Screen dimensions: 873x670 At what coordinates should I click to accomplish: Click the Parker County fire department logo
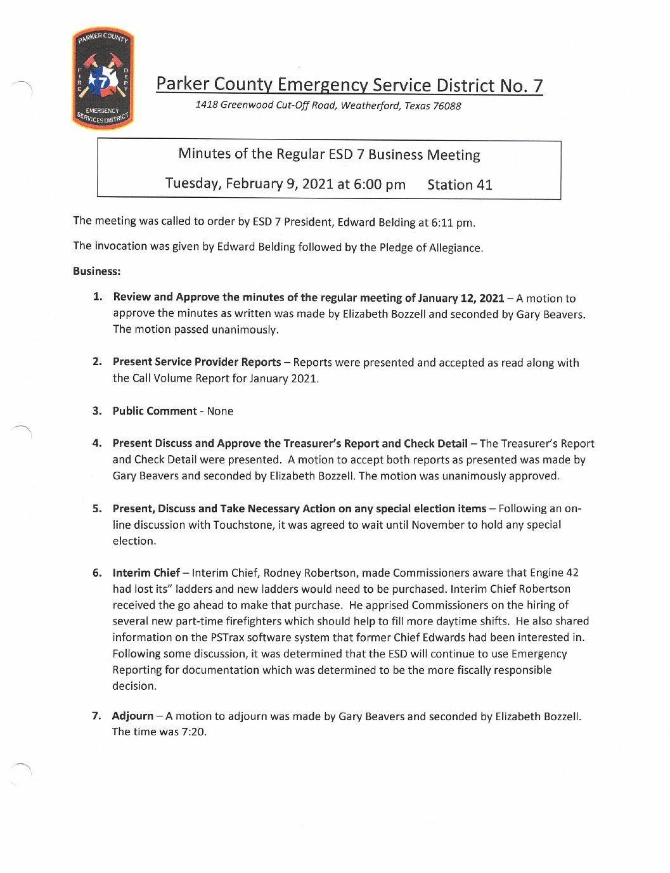point(103,79)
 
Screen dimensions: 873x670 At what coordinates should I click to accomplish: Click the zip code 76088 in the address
point(447,106)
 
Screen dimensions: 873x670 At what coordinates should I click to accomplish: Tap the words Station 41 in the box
point(460,184)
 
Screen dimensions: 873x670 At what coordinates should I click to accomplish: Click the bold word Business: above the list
point(96,271)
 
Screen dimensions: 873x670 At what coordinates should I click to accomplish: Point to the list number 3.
point(97,411)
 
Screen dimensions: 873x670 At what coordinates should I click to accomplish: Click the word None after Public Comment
point(220,411)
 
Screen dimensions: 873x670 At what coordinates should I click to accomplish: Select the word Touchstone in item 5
point(243,525)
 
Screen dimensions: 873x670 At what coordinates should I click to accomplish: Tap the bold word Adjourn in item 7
point(132,716)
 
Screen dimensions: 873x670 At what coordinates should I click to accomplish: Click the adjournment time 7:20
point(193,732)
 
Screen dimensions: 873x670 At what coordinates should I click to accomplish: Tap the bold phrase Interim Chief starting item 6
point(146,573)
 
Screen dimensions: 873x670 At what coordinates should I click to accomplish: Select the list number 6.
point(97,573)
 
